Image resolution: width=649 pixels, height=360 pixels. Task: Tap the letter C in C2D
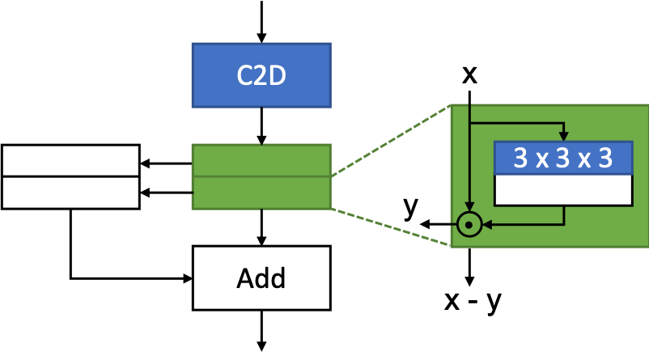pos(245,76)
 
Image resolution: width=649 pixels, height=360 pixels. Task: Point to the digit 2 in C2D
pos(261,76)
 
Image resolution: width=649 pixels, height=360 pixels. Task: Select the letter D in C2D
pos(277,76)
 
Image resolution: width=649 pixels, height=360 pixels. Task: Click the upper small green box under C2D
pos(261,160)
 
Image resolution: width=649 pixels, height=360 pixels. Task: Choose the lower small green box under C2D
pos(261,193)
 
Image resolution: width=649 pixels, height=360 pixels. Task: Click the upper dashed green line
pos(390,141)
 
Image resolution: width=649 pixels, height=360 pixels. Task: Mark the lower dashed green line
pos(390,227)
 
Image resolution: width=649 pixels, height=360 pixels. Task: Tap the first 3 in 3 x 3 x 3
pos(520,159)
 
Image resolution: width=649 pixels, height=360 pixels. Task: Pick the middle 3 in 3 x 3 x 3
pos(563,159)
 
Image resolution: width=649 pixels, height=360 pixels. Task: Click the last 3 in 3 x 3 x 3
pos(605,159)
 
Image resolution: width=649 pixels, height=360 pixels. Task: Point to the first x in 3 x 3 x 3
pos(542,160)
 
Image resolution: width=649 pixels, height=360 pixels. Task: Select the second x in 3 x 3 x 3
pos(584,160)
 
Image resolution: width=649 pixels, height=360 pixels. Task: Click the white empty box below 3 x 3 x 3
pos(563,189)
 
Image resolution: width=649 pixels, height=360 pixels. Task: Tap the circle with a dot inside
pos(469,224)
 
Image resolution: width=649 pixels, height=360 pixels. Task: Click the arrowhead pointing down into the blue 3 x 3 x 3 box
pos(563,137)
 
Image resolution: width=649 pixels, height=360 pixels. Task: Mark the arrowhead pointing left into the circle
pos(487,224)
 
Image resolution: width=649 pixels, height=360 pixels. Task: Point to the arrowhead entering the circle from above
pos(469,207)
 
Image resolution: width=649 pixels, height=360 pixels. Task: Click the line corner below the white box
pos(563,224)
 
